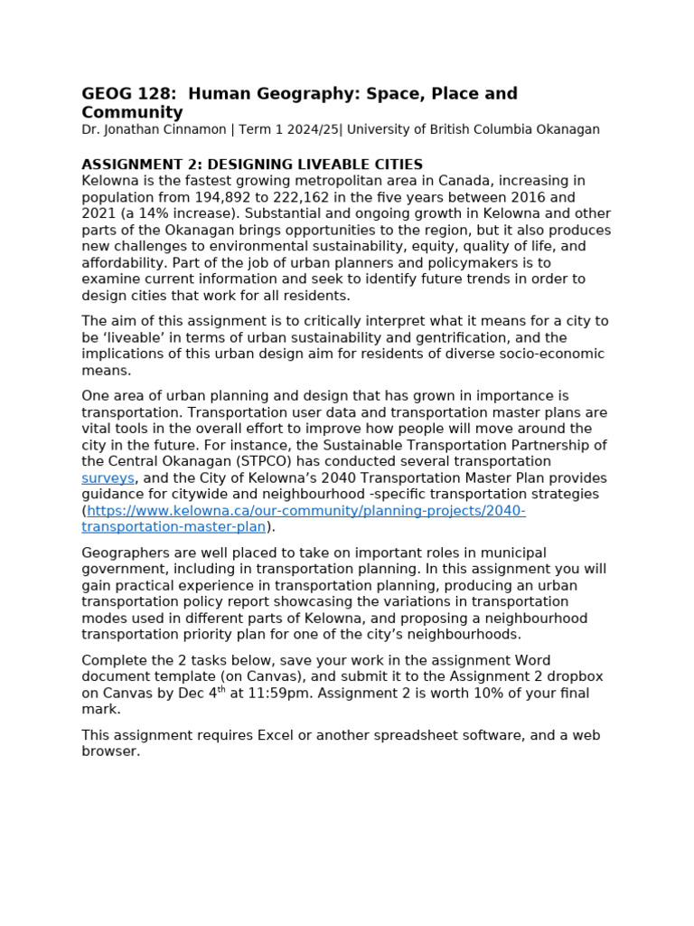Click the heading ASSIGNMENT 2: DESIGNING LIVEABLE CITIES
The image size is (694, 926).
(252, 165)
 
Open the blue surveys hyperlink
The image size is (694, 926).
(108, 478)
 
